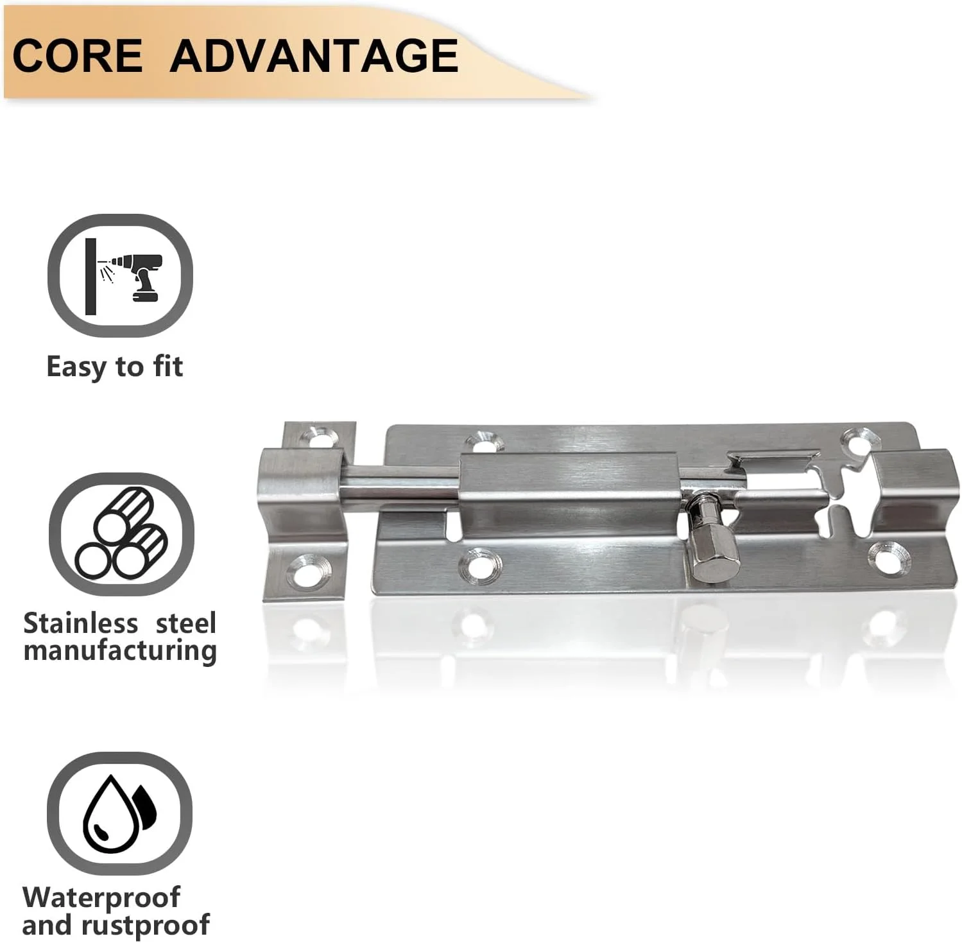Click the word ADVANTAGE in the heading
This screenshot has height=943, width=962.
point(314,55)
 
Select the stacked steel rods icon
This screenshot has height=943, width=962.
point(121,533)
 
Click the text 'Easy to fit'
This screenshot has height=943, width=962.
point(115,367)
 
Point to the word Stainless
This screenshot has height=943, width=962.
point(81,623)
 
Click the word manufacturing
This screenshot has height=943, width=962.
point(120,651)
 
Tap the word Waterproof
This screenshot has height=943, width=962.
point(101,897)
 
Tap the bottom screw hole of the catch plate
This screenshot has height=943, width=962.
point(309,572)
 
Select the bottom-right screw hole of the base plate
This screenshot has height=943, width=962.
point(889,556)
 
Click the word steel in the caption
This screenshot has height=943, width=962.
point(186,623)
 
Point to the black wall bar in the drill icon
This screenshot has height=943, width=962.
point(90,277)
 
